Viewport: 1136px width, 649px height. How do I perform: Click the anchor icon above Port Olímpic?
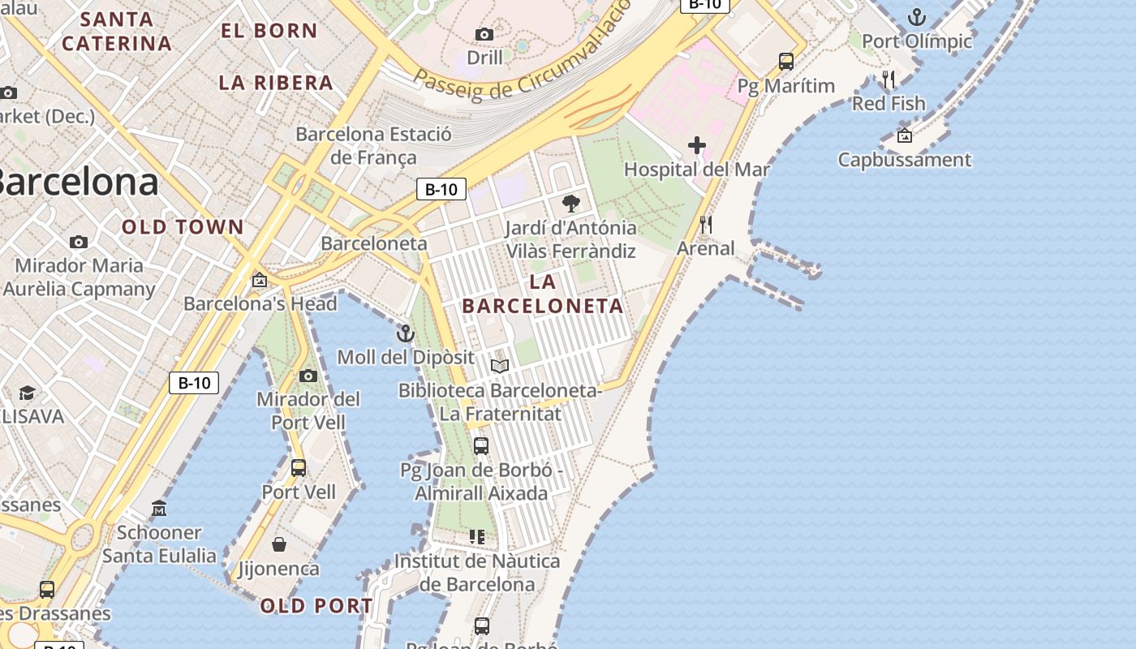(916, 17)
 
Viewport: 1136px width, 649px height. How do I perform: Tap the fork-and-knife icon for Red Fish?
(889, 80)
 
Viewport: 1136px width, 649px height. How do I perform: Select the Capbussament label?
(904, 159)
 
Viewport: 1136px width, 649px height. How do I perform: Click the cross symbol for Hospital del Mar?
(696, 146)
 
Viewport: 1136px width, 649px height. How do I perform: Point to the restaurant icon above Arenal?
(706, 225)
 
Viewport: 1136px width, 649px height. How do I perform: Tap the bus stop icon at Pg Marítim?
(785, 62)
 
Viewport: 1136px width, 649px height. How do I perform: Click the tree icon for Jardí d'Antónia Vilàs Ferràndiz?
(571, 204)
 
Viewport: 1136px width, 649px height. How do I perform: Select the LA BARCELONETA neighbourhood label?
(542, 294)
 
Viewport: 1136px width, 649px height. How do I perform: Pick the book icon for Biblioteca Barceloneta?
(500, 367)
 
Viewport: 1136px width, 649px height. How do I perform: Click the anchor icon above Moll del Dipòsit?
(405, 333)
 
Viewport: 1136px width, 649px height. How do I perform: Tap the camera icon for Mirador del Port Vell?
(308, 376)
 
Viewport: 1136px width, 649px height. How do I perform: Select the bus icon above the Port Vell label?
(299, 468)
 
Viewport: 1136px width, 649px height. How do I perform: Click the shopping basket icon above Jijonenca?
(279, 544)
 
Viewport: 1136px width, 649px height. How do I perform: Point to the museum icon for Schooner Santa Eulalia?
(159, 509)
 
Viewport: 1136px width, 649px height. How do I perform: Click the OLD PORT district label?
(316, 606)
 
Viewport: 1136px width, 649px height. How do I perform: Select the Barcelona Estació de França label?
(373, 145)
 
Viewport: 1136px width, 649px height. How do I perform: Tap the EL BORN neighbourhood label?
(269, 31)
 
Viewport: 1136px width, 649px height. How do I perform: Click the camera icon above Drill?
(484, 34)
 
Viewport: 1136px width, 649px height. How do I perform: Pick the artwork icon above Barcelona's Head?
(260, 281)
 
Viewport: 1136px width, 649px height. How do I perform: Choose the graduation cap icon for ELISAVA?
(27, 393)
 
